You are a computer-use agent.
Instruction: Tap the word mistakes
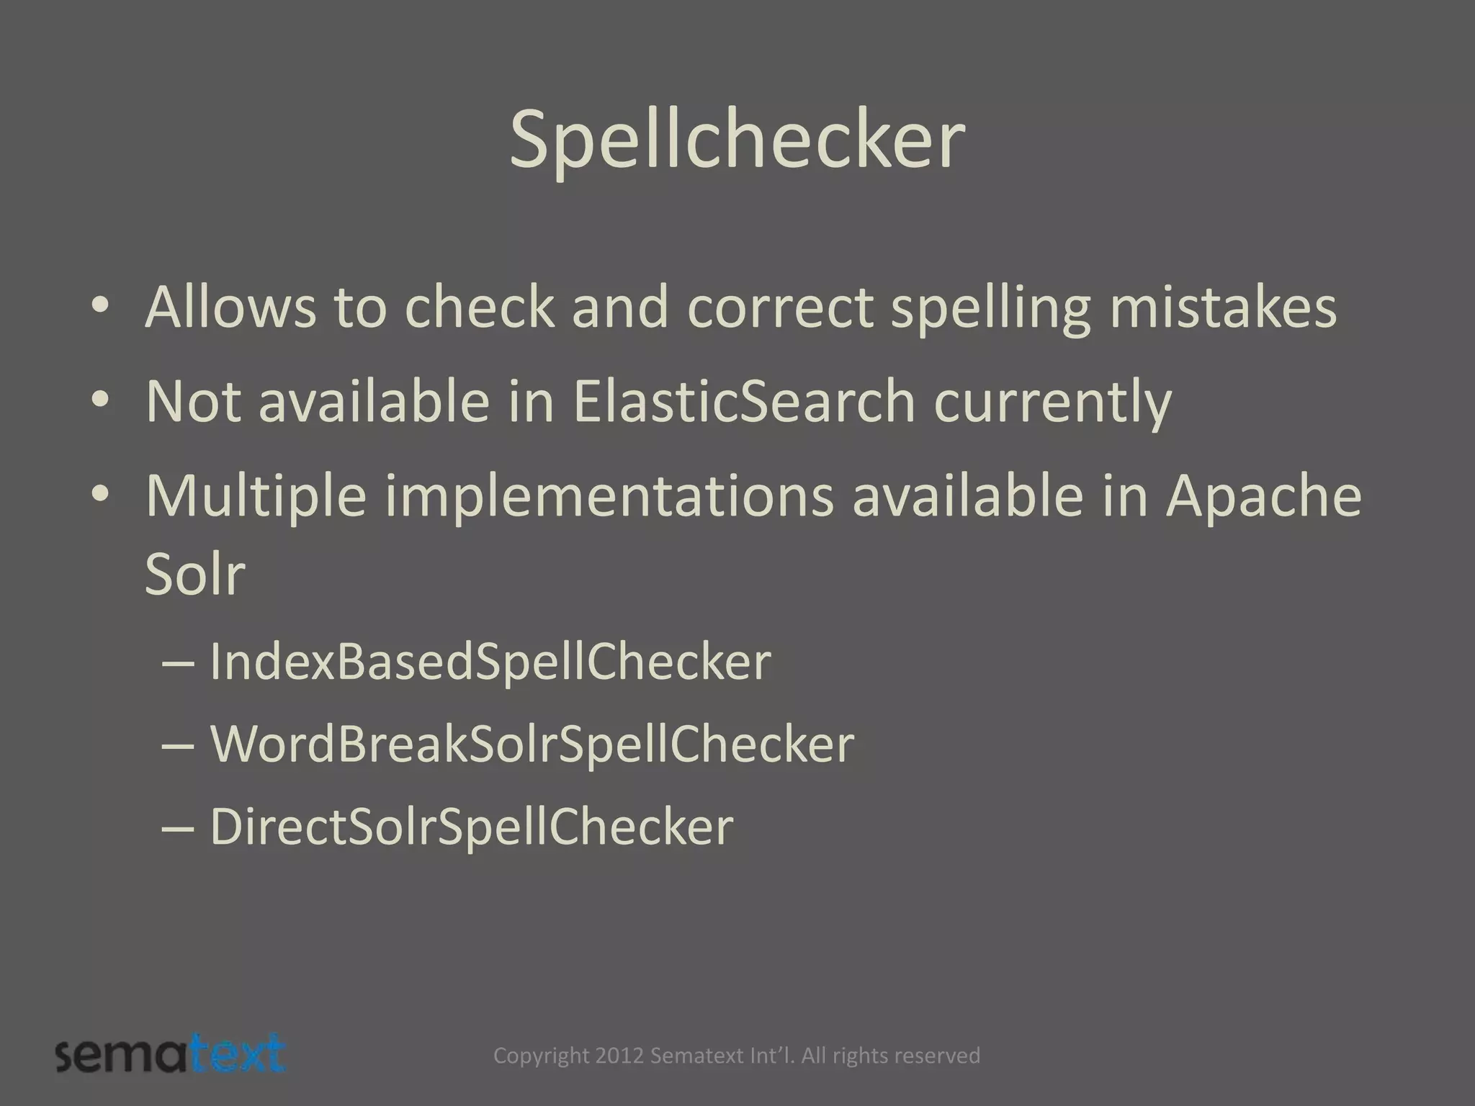1222,307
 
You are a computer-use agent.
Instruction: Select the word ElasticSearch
743,401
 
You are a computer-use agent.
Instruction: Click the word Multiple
256,497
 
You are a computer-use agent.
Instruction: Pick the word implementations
610,497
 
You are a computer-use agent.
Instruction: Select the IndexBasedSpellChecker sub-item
490,662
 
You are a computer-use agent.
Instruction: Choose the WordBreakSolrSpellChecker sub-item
532,745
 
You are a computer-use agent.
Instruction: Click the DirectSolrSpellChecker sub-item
471,827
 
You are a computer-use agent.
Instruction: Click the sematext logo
171,1056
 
